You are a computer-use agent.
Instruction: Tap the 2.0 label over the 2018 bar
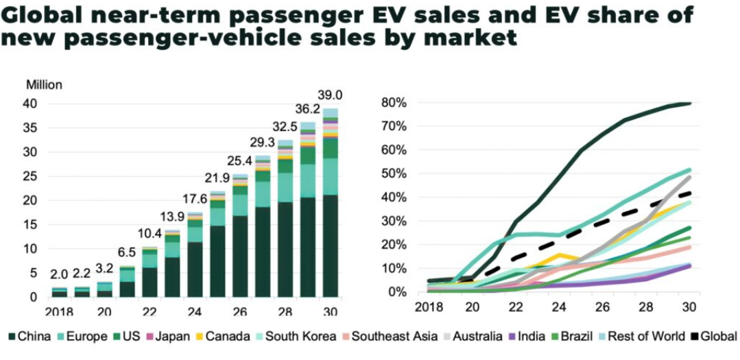point(60,274)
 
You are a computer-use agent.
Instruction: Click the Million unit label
point(44,85)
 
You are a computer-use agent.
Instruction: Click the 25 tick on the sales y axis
point(30,176)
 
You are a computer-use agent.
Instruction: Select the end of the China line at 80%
point(689,104)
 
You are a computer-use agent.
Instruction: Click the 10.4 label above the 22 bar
point(150,234)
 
